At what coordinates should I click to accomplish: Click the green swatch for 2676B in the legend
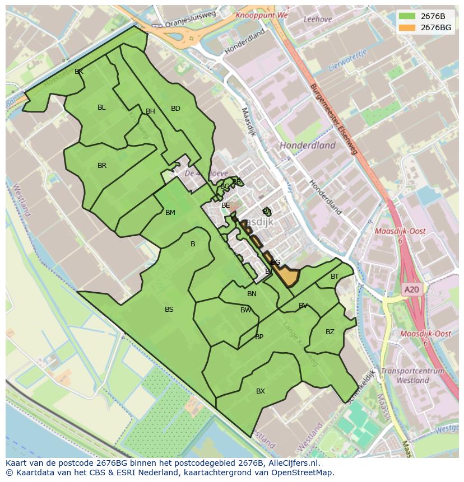[407, 16]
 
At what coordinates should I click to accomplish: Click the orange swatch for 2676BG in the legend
[407, 27]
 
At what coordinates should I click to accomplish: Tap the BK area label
[79, 72]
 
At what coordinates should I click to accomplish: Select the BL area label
[101, 107]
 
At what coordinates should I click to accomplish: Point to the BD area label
[175, 109]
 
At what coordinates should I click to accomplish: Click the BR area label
[102, 166]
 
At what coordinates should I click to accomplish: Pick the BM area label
[170, 213]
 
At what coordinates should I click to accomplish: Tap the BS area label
[169, 310]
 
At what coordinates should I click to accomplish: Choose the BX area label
[261, 391]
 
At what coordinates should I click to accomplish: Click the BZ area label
[330, 332]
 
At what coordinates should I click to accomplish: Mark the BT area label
[335, 277]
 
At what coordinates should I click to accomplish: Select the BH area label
[150, 111]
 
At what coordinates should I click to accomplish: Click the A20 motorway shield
[411, 289]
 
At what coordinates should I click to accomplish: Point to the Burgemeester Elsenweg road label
[333, 112]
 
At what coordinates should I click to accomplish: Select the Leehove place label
[318, 19]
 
